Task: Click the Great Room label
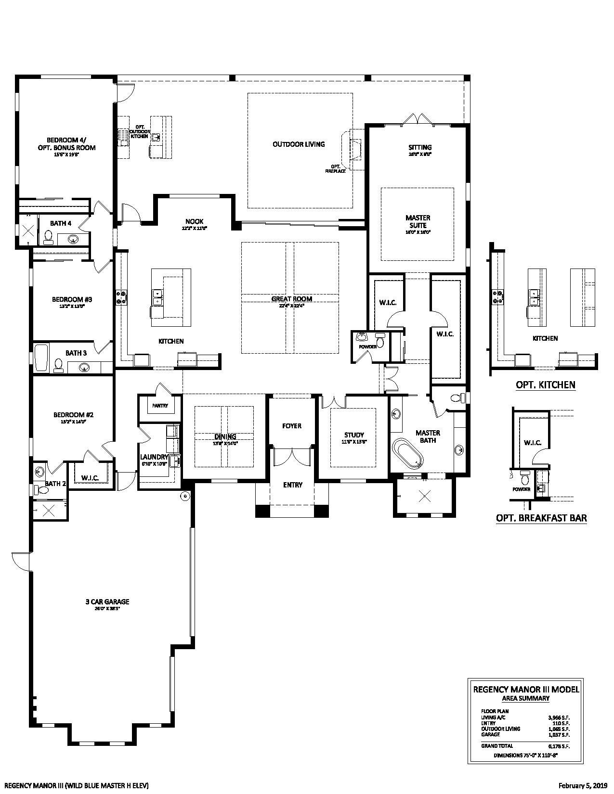point(291,299)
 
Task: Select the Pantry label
point(160,406)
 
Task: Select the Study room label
point(354,435)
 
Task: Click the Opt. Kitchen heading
point(545,384)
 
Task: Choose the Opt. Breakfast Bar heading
point(541,518)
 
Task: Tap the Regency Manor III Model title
point(526,689)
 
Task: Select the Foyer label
point(292,426)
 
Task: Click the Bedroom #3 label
point(72,299)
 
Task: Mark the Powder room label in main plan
point(367,346)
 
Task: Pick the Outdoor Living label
point(299,144)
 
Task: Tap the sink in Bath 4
point(73,238)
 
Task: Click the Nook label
point(194,221)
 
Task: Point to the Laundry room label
point(154,457)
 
